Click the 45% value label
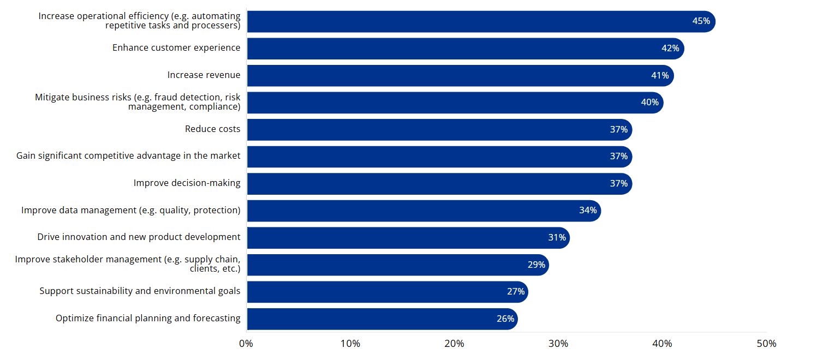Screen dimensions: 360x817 tap(701, 21)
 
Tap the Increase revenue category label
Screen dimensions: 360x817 tap(204, 75)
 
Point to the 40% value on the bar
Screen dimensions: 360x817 tap(649, 103)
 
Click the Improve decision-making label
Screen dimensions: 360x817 tap(187, 183)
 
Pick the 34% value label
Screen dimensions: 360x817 tap(588, 211)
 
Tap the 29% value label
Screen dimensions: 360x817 tap(536, 265)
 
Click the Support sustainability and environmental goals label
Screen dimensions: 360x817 tap(140, 291)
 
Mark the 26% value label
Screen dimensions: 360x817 tap(505, 319)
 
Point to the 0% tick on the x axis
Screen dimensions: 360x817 tap(246, 344)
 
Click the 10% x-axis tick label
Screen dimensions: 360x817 tap(350, 344)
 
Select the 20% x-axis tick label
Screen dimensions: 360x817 tap(454, 344)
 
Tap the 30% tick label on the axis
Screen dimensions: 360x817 tap(558, 344)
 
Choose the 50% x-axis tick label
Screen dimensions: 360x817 tap(766, 344)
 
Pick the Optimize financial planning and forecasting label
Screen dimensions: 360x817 tap(148, 319)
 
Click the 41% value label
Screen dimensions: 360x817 tap(660, 75)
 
